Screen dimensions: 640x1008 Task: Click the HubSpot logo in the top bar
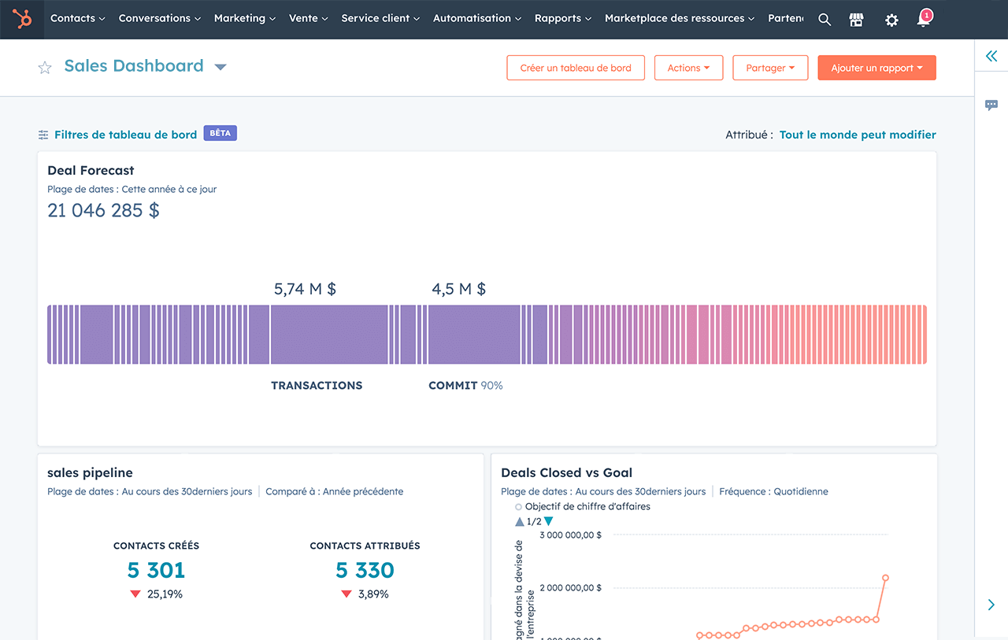click(22, 19)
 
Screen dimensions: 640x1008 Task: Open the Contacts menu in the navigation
click(77, 18)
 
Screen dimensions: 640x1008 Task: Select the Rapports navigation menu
click(562, 18)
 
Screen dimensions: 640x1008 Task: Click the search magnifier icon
click(825, 20)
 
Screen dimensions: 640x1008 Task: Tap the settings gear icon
click(891, 20)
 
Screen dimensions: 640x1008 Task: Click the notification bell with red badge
click(925, 19)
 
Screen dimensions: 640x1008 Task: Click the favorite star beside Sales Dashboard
click(45, 68)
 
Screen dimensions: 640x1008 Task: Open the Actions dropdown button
click(688, 68)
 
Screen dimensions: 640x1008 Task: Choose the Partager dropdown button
click(770, 68)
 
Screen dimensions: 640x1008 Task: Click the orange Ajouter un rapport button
click(876, 68)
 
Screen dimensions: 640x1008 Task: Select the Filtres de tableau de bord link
click(125, 135)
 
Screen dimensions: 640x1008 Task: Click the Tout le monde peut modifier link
click(858, 135)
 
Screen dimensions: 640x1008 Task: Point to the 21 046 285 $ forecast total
click(103, 210)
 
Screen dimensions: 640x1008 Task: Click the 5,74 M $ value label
click(305, 289)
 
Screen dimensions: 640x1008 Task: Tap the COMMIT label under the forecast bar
click(453, 386)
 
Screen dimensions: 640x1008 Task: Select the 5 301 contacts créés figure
click(156, 570)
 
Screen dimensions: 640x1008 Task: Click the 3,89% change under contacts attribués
click(373, 594)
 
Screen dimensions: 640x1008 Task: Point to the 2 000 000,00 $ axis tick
click(570, 587)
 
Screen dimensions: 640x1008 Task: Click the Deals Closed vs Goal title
click(566, 473)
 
